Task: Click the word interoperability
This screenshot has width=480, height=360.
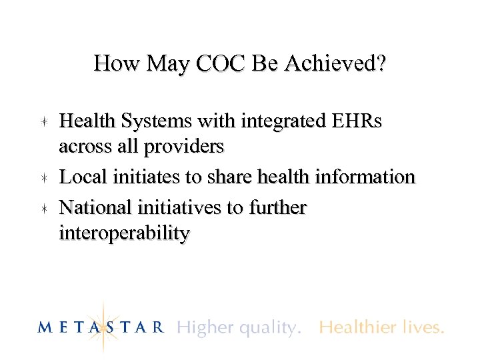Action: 125,233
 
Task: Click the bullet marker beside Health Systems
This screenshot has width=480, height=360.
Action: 42,122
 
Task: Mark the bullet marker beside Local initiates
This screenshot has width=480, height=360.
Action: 42,177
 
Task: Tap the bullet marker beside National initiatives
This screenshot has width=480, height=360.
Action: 42,209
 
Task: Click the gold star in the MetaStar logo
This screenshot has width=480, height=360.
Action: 103,326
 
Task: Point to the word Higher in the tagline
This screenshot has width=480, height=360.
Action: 203,327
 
